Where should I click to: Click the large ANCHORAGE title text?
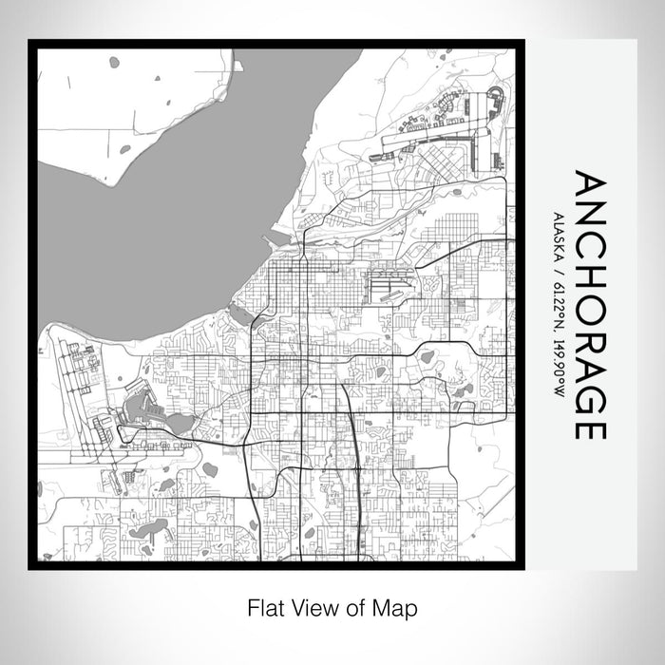(x=589, y=306)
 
